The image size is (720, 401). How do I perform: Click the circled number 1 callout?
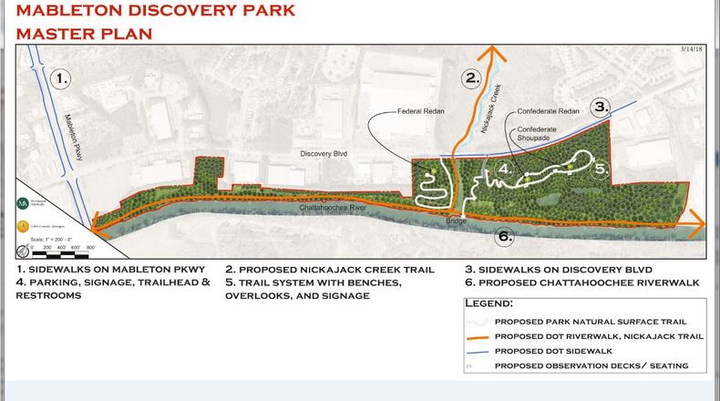pyautogui.click(x=60, y=78)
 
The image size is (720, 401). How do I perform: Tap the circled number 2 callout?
pyautogui.click(x=471, y=78)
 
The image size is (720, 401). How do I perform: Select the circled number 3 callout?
pyautogui.click(x=600, y=107)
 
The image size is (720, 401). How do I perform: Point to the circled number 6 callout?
pyautogui.click(x=504, y=237)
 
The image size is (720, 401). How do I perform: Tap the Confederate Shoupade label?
pyautogui.click(x=535, y=134)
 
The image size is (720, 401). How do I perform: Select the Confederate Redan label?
pyautogui.click(x=548, y=111)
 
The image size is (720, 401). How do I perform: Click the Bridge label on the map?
pyautogui.click(x=456, y=221)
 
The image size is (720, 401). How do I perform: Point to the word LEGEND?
pyautogui.click(x=489, y=303)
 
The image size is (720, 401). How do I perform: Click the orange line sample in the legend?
pyautogui.click(x=478, y=336)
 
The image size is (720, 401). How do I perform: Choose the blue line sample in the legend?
pyautogui.click(x=478, y=351)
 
